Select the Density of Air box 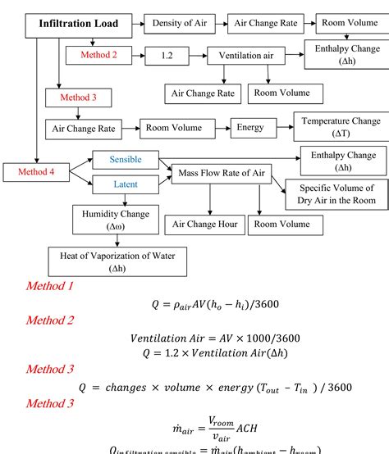pos(178,23)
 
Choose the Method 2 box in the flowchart pos(98,55)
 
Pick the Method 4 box pos(35,172)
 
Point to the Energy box pos(250,128)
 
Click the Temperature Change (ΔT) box pos(340,126)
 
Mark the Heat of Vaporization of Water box pos(117,261)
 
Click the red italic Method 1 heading pos(49,287)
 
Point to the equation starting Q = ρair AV pos(215,304)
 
